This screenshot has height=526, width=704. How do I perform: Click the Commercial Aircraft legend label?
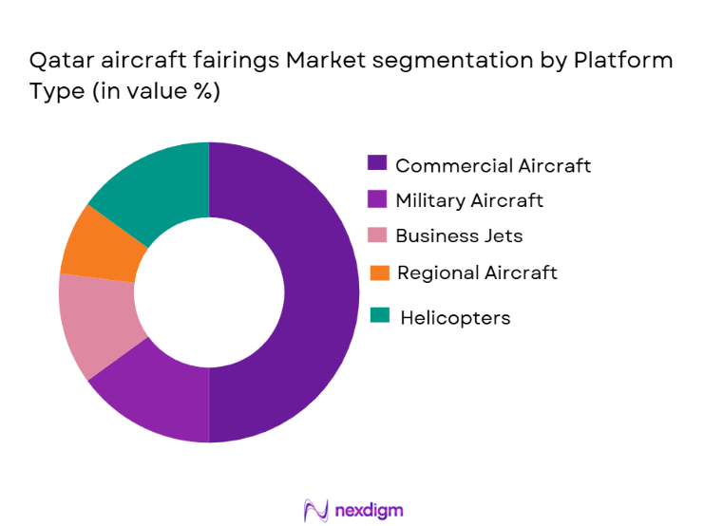493,165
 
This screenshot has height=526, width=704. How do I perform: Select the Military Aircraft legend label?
469,200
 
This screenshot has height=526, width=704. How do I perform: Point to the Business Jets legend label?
459,235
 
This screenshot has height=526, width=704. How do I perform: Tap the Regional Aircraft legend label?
477,272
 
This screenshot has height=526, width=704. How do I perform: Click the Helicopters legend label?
455,318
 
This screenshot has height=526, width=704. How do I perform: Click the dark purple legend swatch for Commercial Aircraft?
377,164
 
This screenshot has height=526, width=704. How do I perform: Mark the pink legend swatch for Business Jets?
377,235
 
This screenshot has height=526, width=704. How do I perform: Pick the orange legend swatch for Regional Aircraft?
379,272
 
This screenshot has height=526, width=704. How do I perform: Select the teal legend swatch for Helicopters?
378,315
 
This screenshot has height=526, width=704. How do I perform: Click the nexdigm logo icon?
315,510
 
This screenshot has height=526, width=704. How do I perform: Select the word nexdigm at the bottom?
369,510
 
